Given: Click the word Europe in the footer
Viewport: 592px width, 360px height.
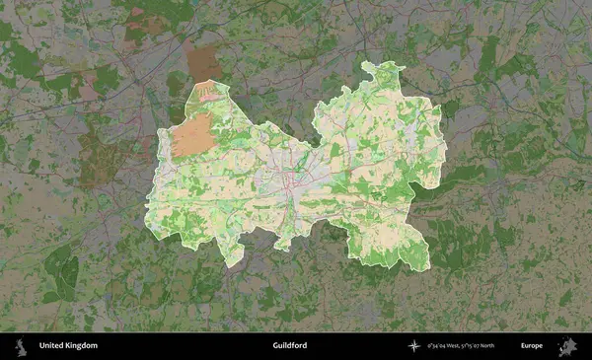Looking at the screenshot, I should (533, 346).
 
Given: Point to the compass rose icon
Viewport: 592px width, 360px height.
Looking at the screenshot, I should (413, 346).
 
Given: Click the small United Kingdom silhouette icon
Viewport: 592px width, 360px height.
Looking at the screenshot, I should (19, 346).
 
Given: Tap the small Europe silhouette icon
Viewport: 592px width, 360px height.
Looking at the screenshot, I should (568, 346).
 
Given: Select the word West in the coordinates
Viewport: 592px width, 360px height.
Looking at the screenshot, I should (454, 346).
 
